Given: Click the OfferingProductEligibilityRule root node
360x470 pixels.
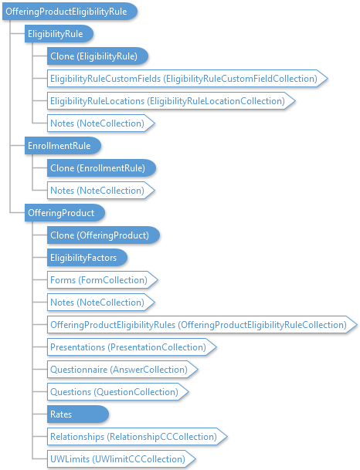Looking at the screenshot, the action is click(x=70, y=12).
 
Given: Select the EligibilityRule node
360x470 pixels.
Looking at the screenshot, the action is click(x=59, y=34).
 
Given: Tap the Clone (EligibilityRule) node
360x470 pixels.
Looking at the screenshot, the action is click(x=97, y=56).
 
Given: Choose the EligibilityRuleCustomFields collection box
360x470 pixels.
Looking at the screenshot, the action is click(x=187, y=79).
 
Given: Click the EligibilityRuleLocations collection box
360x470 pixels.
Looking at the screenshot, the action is click(x=171, y=101).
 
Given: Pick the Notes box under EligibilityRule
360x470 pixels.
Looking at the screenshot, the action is click(x=100, y=123).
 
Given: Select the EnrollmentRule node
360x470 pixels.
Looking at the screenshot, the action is click(x=63, y=146).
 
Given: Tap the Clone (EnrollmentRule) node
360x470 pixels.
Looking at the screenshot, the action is click(x=101, y=168).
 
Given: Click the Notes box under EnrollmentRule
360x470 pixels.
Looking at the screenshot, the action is click(x=100, y=191).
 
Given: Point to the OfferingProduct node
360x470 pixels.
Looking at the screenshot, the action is click(x=65, y=213).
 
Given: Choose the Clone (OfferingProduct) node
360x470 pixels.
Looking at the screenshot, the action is click(x=104, y=235).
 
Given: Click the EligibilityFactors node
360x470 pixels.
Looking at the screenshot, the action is click(x=87, y=258).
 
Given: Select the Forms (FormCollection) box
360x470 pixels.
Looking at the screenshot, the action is click(x=102, y=280).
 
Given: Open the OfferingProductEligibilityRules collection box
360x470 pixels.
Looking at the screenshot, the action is click(x=202, y=325).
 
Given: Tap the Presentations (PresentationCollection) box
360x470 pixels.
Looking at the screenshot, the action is click(x=131, y=347).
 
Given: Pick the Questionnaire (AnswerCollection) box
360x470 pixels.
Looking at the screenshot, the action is click(x=122, y=369).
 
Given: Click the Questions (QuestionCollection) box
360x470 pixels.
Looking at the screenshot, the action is click(x=117, y=392).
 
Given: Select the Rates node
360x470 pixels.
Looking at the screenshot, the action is click(x=78, y=414).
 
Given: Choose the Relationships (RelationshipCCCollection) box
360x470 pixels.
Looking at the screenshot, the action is click(x=137, y=437).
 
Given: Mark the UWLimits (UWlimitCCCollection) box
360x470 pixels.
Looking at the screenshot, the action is click(x=121, y=459).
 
